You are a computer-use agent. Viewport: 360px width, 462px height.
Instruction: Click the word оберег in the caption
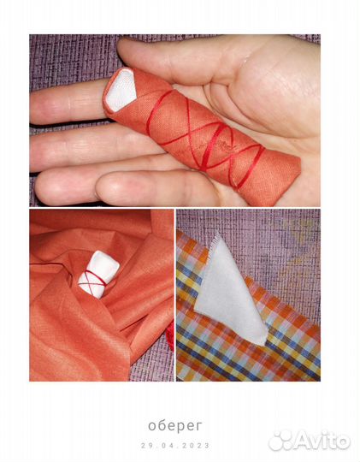175,426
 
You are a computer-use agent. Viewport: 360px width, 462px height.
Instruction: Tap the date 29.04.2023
175,445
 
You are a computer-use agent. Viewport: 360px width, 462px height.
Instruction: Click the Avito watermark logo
310,441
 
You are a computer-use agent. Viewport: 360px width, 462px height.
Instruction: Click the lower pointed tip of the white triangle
264,341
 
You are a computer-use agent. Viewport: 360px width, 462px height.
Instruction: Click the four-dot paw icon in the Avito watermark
280,441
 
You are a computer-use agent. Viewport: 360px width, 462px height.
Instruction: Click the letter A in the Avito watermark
301,441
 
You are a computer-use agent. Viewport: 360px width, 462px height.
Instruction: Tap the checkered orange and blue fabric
247,347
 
